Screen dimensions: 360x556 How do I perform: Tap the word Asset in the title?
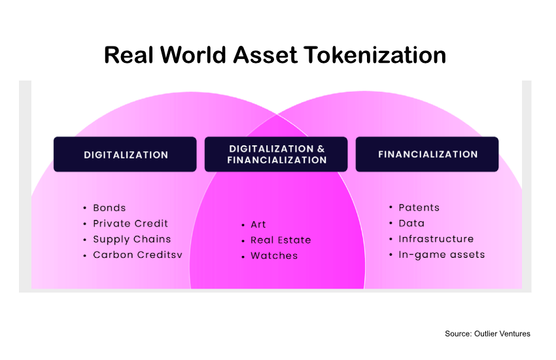[260, 55]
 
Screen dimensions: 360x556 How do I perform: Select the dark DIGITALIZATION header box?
[125, 154]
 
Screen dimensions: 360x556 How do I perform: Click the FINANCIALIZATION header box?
[427, 154]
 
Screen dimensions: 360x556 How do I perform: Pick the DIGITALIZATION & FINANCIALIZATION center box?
[276, 154]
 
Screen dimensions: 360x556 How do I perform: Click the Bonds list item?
[109, 207]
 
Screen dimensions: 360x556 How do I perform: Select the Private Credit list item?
[130, 223]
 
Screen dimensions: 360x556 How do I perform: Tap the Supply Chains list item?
[131, 239]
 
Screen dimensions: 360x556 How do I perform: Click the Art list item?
[258, 225]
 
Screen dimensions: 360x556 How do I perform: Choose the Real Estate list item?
[281, 240]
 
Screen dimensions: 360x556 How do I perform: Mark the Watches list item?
[274, 256]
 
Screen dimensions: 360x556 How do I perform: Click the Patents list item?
[419, 207]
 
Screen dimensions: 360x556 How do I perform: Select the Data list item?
[411, 223]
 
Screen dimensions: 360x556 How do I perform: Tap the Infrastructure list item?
[436, 239]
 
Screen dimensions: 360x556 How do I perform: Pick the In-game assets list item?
[442, 255]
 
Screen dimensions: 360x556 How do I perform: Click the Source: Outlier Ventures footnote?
[487, 334]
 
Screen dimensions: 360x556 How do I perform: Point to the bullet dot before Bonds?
[85, 208]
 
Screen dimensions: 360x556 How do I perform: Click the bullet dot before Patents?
[391, 208]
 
